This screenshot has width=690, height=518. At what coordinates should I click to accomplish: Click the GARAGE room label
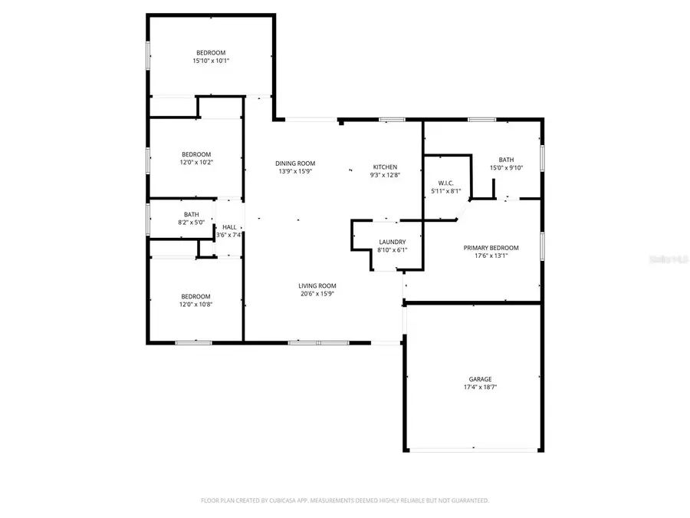pyautogui.click(x=480, y=379)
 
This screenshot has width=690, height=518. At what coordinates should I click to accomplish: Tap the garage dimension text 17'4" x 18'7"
pyautogui.click(x=480, y=388)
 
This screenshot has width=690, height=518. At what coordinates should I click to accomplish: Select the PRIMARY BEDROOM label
pyautogui.click(x=491, y=248)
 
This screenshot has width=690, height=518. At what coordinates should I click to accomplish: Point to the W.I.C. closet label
pyautogui.click(x=446, y=183)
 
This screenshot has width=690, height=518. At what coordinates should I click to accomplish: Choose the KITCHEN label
pyautogui.click(x=385, y=167)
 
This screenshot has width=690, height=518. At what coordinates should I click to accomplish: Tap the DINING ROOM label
pyautogui.click(x=295, y=163)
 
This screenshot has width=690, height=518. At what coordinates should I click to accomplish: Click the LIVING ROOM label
pyautogui.click(x=317, y=285)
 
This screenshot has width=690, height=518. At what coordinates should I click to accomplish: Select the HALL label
pyautogui.click(x=229, y=227)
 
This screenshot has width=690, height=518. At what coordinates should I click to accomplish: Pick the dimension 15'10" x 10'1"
pyautogui.click(x=211, y=61)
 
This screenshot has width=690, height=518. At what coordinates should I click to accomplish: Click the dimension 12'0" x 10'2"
pyautogui.click(x=196, y=162)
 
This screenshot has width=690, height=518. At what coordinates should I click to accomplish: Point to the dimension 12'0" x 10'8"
pyautogui.click(x=195, y=305)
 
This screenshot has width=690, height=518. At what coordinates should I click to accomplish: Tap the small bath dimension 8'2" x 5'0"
pyautogui.click(x=191, y=223)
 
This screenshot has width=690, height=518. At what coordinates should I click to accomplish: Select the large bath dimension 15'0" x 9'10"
pyautogui.click(x=506, y=168)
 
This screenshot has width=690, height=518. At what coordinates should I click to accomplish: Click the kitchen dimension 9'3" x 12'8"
pyautogui.click(x=385, y=175)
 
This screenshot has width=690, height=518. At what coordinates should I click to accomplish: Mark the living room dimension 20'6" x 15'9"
pyautogui.click(x=317, y=293)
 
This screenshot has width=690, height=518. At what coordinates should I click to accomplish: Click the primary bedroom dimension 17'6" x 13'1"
pyautogui.click(x=491, y=256)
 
